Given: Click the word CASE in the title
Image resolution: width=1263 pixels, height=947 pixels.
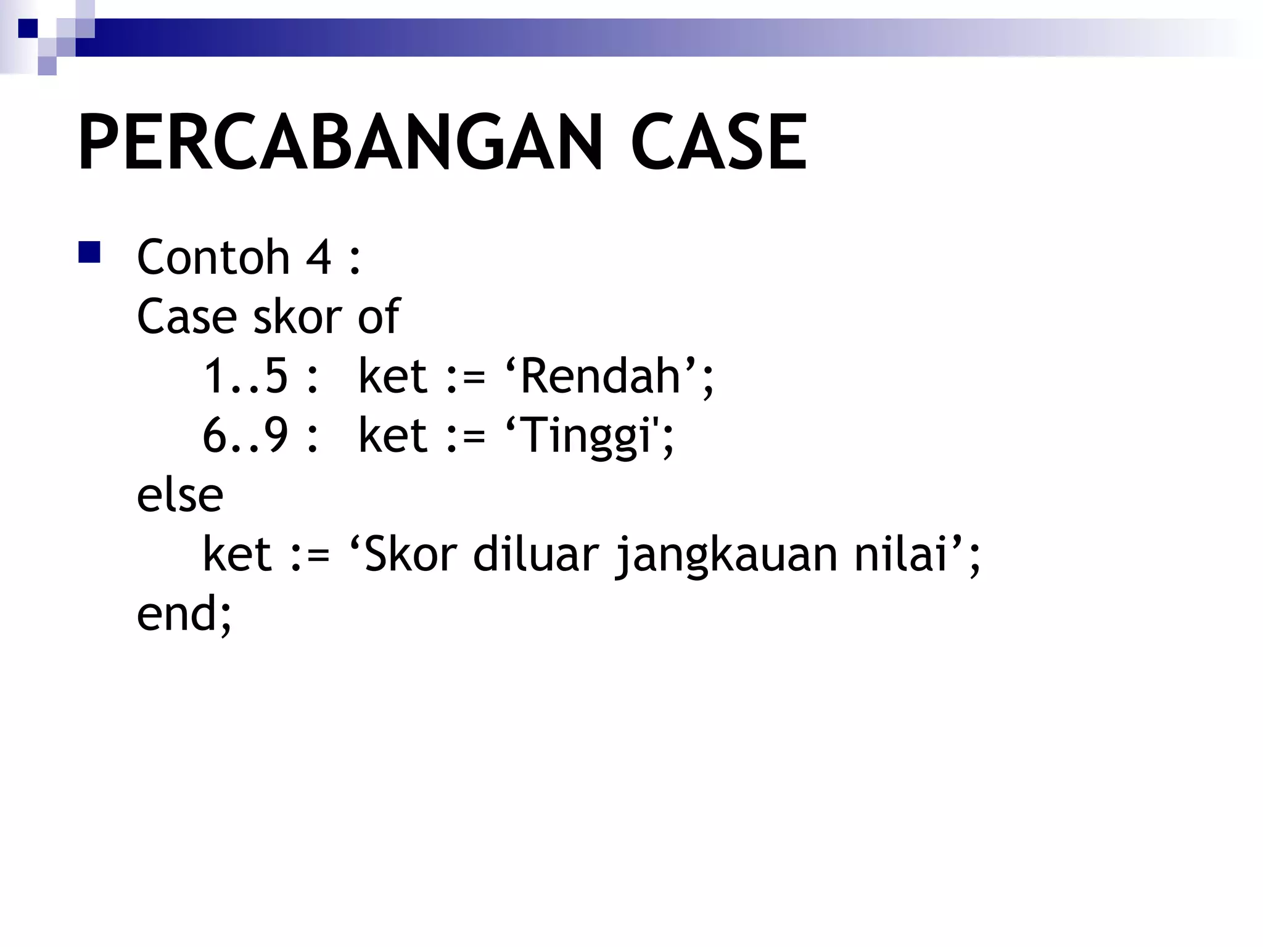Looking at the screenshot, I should pyautogui.click(x=718, y=143).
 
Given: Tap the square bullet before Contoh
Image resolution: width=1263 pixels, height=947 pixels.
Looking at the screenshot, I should pyautogui.click(x=89, y=253).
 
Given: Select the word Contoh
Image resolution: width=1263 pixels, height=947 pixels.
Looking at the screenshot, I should pyautogui.click(x=213, y=256).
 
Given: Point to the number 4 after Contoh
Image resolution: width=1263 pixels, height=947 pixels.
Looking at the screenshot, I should pyautogui.click(x=319, y=256).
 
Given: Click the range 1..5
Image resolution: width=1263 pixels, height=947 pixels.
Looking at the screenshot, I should pyautogui.click(x=245, y=376).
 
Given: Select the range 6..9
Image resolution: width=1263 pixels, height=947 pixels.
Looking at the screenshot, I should pyautogui.click(x=245, y=435).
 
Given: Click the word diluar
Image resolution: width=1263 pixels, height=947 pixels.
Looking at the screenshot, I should pyautogui.click(x=536, y=554).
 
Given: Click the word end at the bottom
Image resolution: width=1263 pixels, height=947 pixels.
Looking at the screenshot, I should pyautogui.click(x=176, y=613).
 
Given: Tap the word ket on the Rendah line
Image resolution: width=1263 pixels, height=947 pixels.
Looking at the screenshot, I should pyautogui.click(x=393, y=376).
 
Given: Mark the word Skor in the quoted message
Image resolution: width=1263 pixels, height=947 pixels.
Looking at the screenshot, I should pyautogui.click(x=411, y=554).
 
